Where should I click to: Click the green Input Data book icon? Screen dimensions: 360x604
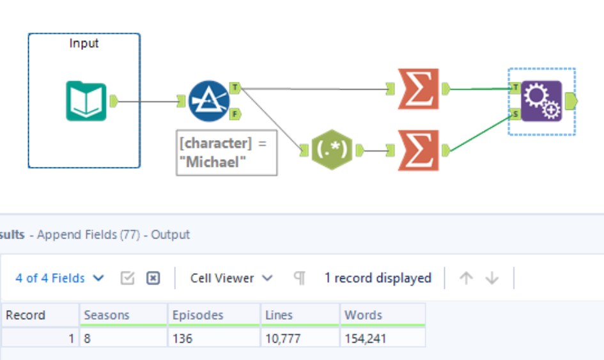86,100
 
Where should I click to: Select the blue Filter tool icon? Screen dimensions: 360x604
209,100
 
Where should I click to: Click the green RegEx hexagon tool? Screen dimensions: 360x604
332,150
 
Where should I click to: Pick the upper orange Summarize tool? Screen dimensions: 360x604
419,89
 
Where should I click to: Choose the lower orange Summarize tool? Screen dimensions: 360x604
419,150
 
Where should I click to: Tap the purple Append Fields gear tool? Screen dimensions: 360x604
541,101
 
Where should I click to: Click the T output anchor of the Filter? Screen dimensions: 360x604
235,87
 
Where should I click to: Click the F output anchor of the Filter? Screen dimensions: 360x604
235,114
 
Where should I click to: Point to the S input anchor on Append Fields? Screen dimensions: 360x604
515,114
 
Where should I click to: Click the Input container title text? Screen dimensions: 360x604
84,43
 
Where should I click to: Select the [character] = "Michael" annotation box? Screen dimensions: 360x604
227,152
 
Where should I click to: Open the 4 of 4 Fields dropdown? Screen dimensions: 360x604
59,278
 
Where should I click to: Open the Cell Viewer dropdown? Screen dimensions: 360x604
231,278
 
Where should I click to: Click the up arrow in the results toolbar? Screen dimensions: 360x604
467,278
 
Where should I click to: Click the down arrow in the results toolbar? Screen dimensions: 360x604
492,278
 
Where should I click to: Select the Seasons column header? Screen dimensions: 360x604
107,315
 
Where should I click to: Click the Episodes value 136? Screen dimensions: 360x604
183,338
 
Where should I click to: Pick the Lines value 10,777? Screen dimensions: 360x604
277,338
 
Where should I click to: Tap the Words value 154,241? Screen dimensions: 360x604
365,338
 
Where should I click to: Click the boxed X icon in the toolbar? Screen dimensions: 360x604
153,278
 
